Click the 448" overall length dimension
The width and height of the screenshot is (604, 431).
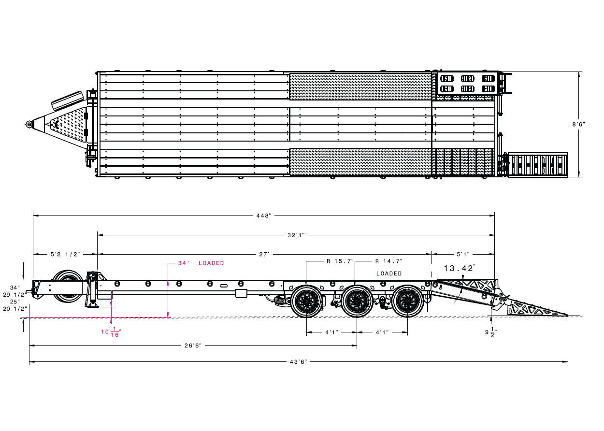point(264,215)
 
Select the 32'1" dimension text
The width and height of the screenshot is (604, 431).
point(296,235)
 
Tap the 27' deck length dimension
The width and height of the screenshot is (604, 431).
point(264,254)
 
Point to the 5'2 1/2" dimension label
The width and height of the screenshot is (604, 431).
point(65,254)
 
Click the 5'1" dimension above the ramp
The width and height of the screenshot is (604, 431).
point(463,254)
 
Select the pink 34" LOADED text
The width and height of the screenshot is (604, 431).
point(201,263)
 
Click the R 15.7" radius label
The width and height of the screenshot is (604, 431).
point(340,261)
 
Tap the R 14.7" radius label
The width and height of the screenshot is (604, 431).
point(389,261)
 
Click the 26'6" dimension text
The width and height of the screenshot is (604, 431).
point(193,345)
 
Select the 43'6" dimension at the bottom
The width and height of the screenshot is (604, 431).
point(298,361)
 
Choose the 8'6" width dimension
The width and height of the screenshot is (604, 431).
point(578,124)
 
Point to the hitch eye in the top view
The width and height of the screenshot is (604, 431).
point(29,124)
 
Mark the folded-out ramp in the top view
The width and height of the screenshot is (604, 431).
point(537,165)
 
